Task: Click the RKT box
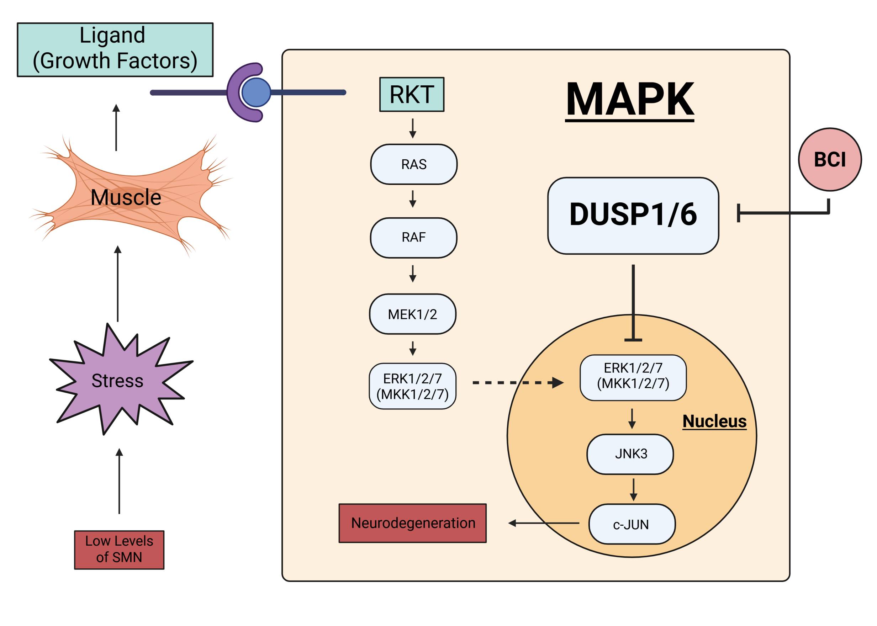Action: pos(411,95)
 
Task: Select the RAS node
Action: pos(414,164)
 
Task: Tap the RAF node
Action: pos(413,238)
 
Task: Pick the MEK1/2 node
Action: pos(412,314)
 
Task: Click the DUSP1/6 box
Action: pos(633,216)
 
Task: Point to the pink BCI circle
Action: pos(830,160)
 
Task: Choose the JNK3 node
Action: pos(630,454)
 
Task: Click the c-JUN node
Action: pos(632,524)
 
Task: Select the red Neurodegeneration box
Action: pos(412,523)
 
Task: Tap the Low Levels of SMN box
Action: pos(119,550)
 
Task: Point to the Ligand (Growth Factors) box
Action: pos(115,50)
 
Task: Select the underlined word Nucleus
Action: pos(714,421)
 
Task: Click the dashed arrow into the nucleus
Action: pos(518,383)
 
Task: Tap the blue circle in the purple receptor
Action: pos(256,92)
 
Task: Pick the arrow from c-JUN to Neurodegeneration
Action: pos(544,523)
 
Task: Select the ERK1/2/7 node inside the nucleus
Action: pos(633,378)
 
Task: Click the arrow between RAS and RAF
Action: pos(412,199)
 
